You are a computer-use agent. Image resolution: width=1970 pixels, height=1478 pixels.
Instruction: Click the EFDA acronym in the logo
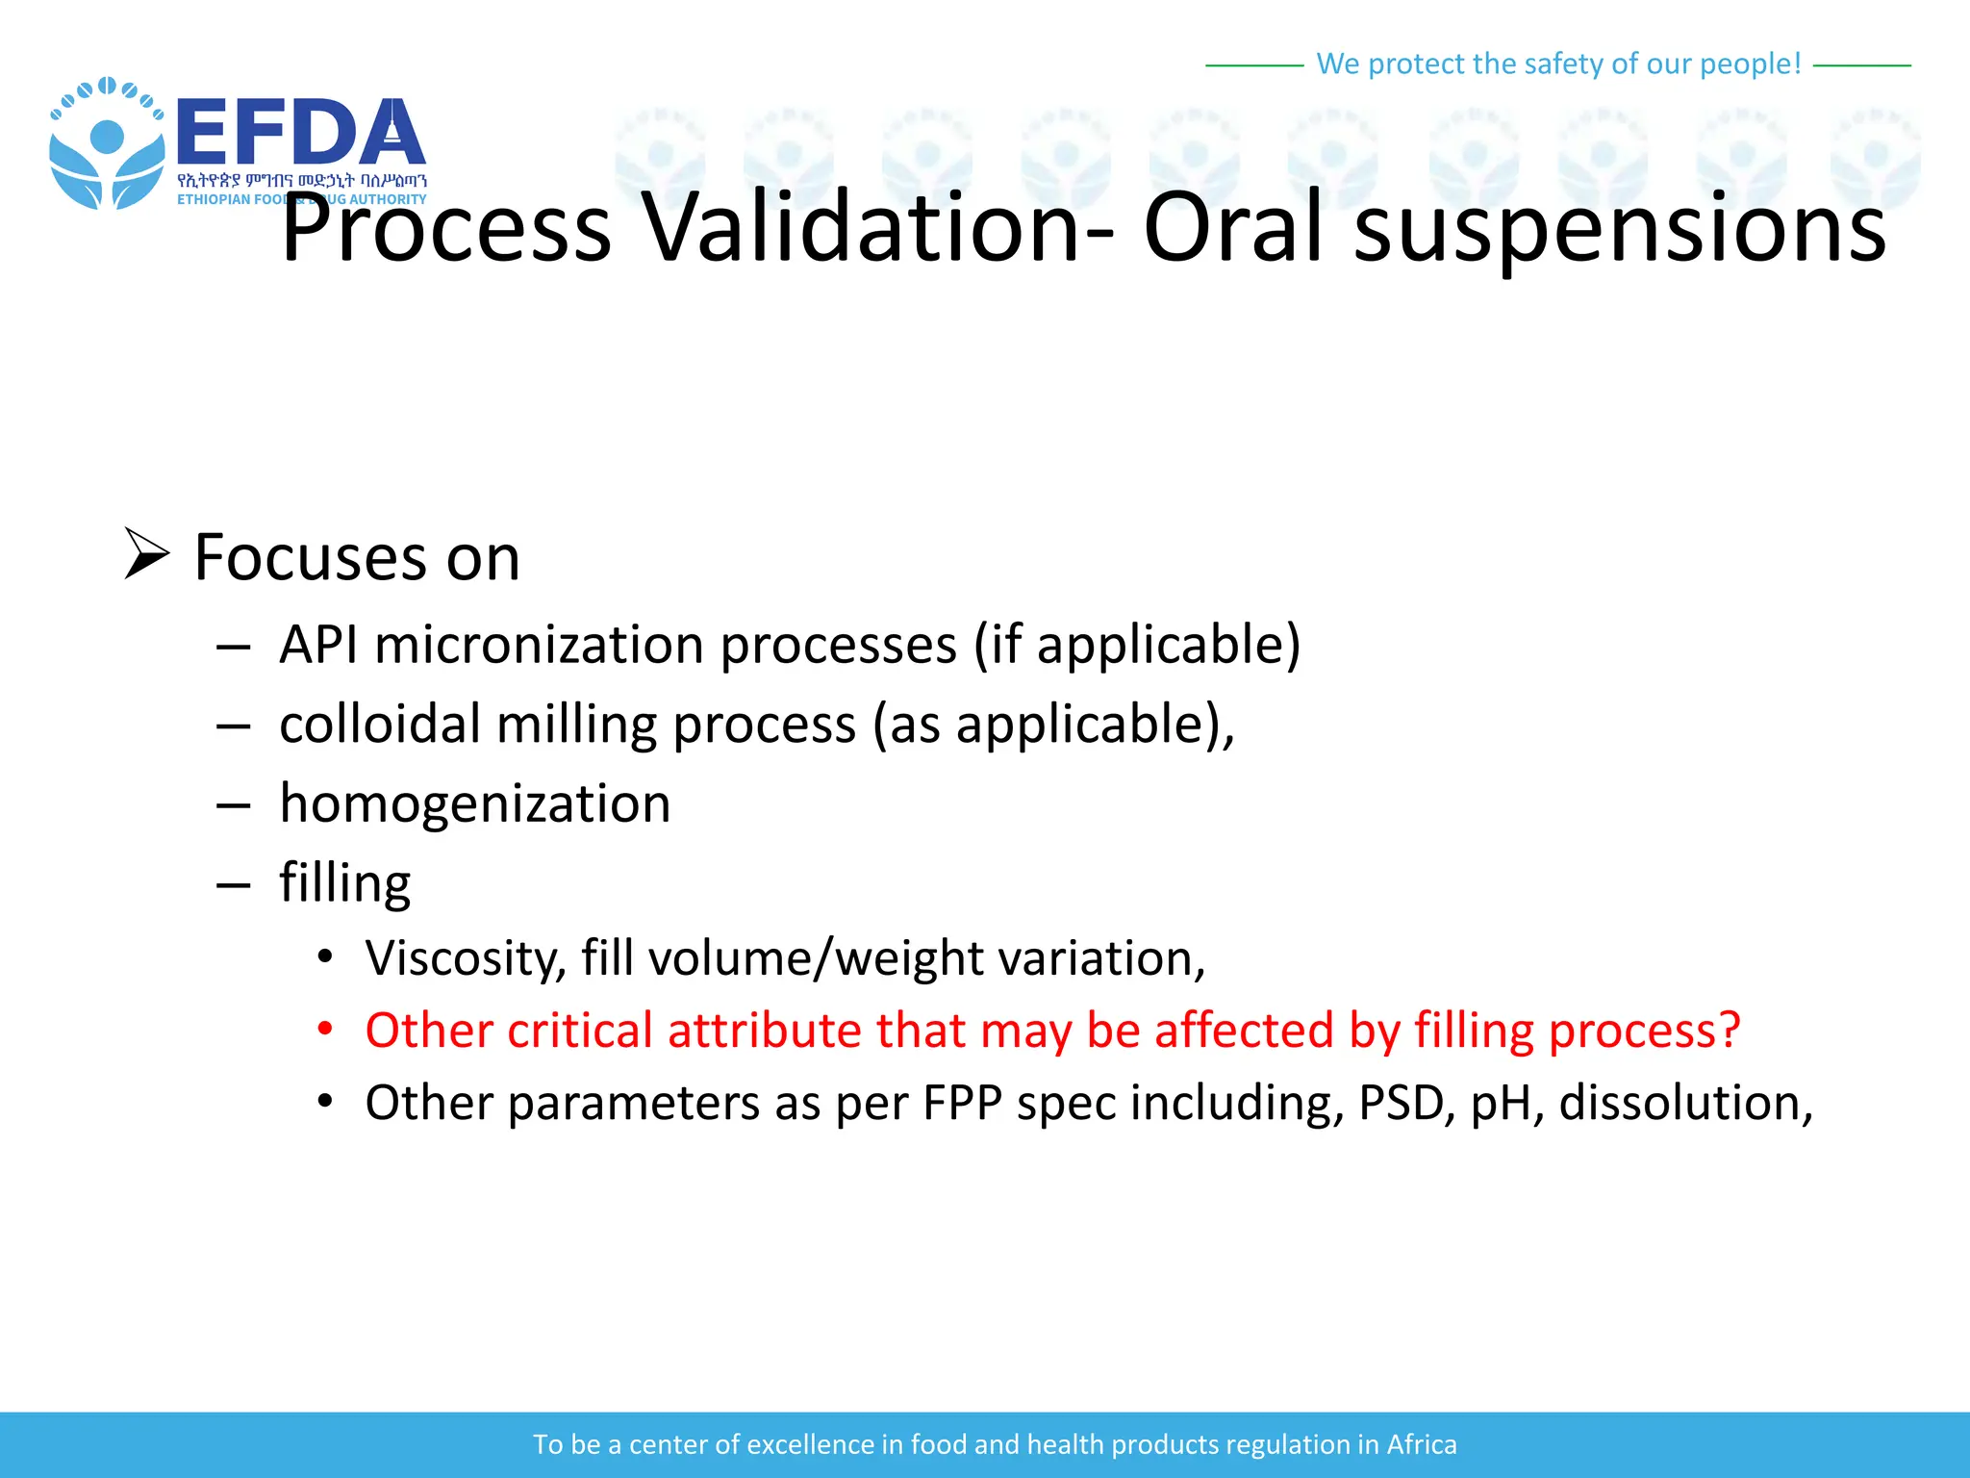coord(300,133)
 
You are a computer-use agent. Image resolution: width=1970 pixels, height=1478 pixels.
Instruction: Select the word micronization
coord(540,644)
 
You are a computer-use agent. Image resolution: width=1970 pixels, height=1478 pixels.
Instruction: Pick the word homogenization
coord(475,803)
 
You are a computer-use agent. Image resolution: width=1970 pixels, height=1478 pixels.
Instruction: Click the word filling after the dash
coord(344,883)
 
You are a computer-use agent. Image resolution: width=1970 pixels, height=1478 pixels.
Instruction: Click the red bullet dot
coord(325,1029)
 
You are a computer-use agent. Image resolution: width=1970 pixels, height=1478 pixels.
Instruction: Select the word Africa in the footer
coord(1421,1444)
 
